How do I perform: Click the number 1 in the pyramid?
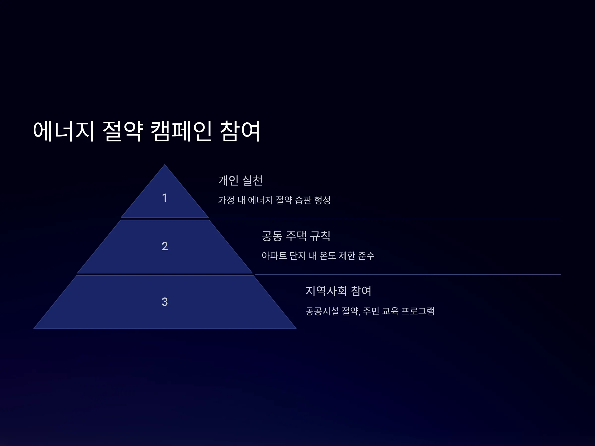165,198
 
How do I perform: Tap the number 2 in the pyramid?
165,246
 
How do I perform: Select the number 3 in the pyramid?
165,302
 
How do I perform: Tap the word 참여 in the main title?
240,131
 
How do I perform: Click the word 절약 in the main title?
123,131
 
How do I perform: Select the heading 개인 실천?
240,180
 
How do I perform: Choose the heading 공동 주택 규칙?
296,236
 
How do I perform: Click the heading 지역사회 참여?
338,291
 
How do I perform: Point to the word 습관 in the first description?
303,200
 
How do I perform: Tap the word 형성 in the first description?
323,200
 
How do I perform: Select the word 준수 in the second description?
366,255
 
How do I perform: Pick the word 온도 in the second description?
328,255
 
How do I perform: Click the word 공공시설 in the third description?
322,311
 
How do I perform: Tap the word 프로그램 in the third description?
418,311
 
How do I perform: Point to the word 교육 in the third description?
390,311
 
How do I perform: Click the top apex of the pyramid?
165,165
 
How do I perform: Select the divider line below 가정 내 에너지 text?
385,219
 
